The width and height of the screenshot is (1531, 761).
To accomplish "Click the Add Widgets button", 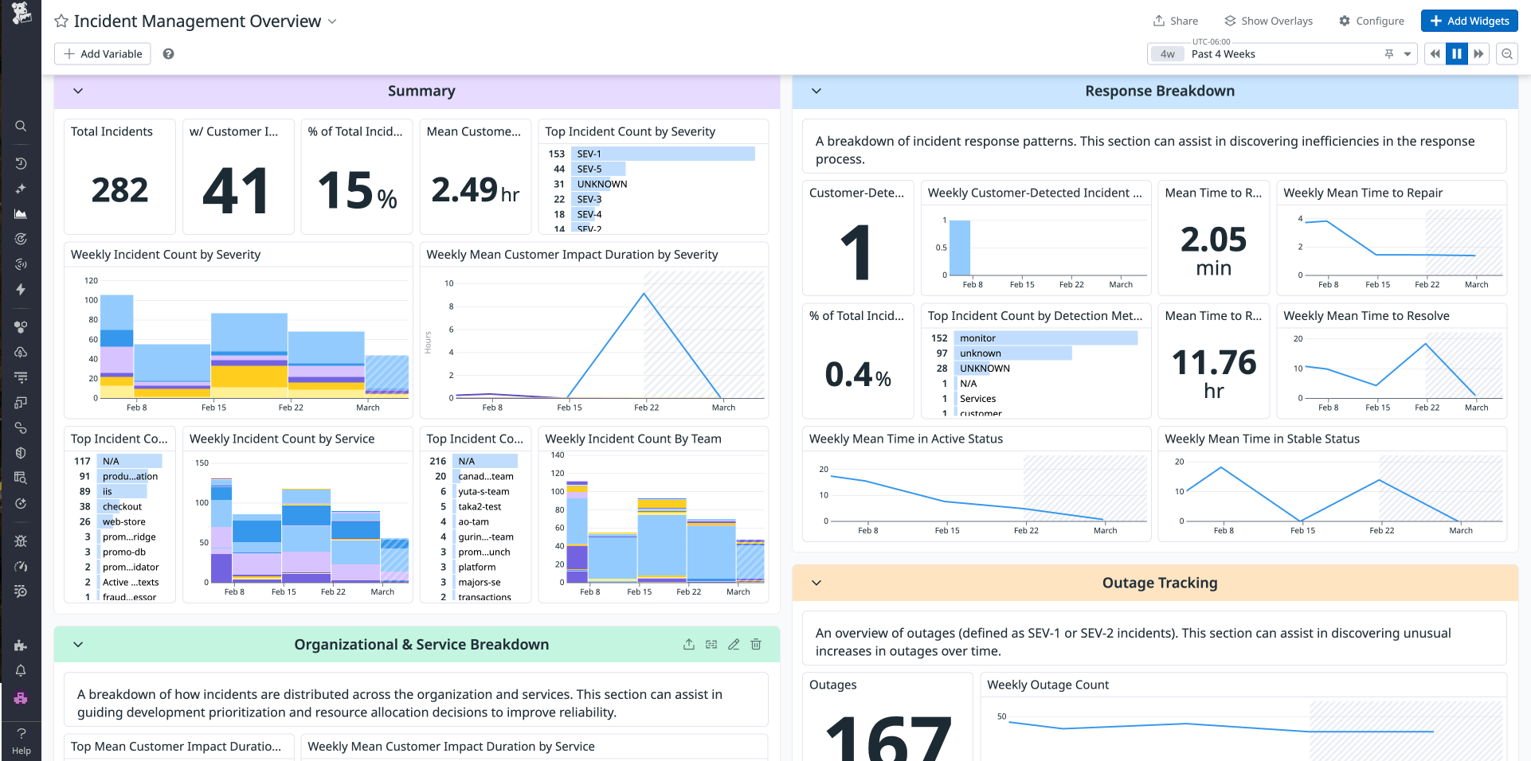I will [1470, 21].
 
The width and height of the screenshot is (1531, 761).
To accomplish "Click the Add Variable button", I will [103, 54].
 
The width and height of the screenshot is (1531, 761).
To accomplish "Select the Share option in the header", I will [1176, 21].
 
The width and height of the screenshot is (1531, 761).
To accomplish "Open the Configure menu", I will [1371, 21].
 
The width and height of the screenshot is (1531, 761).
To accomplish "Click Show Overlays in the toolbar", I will [1268, 21].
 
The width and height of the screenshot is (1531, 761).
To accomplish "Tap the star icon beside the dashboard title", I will [61, 21].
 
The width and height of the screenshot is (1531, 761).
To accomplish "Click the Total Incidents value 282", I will [119, 190].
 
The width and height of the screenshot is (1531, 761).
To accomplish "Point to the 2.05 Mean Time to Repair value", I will [1213, 240].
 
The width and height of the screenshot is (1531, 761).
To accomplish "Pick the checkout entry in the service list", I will [122, 506].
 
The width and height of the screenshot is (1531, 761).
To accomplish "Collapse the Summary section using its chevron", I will [78, 91].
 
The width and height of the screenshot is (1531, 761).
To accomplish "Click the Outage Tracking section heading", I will [1159, 583].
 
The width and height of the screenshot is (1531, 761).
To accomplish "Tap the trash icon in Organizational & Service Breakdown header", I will [756, 645].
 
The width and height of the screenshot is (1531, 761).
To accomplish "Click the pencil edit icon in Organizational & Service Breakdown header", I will [734, 645].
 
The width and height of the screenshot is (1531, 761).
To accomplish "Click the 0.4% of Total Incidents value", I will [858, 374].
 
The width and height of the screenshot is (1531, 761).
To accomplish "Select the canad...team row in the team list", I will [486, 476].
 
